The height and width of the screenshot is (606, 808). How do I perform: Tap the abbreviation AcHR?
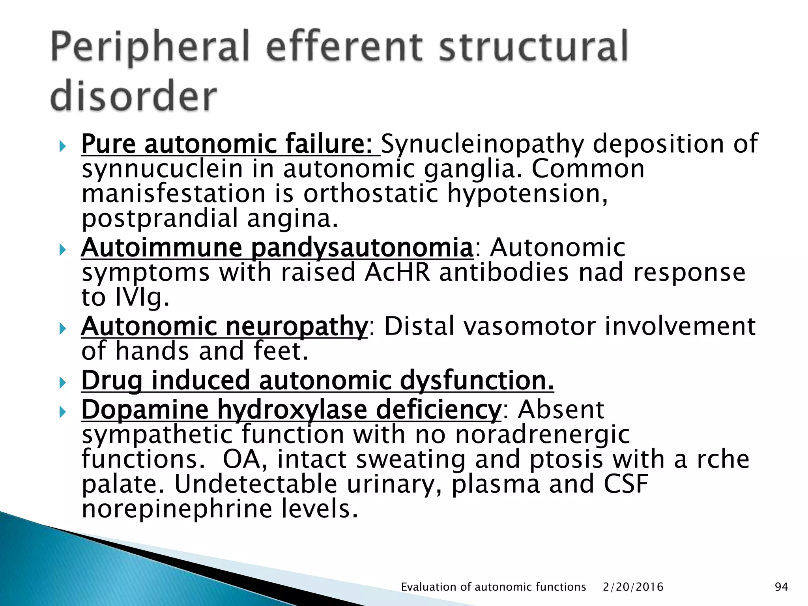(x=397, y=273)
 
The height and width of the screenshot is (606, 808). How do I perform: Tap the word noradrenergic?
(x=542, y=435)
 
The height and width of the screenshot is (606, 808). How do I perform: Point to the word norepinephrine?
(x=177, y=509)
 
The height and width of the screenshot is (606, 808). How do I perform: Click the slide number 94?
(x=781, y=587)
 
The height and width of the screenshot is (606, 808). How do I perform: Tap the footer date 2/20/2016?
(x=633, y=587)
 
